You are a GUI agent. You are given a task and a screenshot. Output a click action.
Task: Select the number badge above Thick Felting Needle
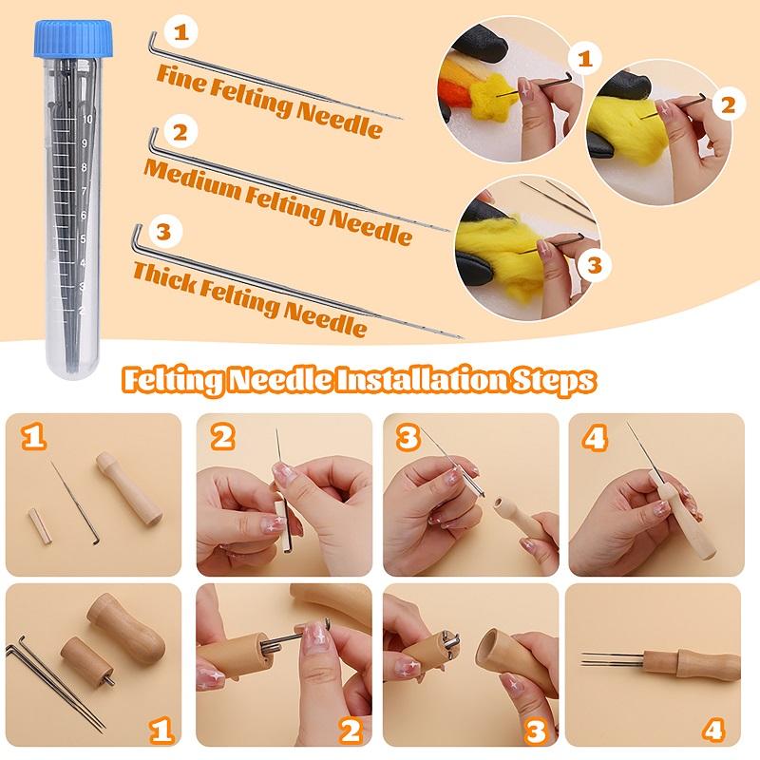click(x=162, y=231)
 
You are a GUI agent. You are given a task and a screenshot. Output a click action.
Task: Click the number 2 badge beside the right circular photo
click(x=726, y=104)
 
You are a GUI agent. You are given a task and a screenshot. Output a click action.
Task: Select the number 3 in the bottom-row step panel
click(x=537, y=731)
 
